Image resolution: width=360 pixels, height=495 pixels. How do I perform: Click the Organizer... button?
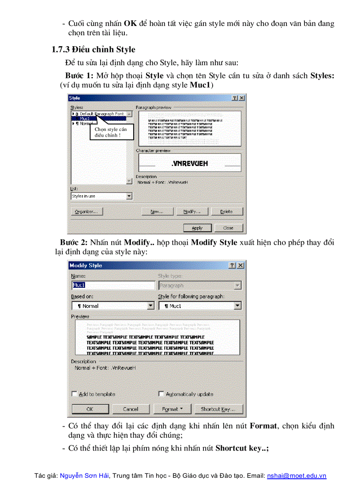[x=86, y=212]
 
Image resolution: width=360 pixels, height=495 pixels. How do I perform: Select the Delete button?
[x=226, y=212]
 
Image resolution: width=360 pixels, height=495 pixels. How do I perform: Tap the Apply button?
[x=197, y=228]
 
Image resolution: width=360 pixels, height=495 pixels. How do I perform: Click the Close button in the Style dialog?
[x=228, y=228]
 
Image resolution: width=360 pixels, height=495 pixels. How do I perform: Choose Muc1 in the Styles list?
[x=85, y=119]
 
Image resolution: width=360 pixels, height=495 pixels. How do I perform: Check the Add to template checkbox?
[x=74, y=394]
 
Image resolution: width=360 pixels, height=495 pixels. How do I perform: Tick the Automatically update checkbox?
[x=161, y=394]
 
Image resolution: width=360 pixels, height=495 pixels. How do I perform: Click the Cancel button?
[x=131, y=409]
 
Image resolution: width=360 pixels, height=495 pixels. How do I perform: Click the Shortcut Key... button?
[x=218, y=409]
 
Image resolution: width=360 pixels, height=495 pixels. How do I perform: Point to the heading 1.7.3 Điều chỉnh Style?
[x=94, y=49]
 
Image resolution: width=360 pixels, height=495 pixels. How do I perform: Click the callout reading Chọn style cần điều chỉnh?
[x=111, y=132]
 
